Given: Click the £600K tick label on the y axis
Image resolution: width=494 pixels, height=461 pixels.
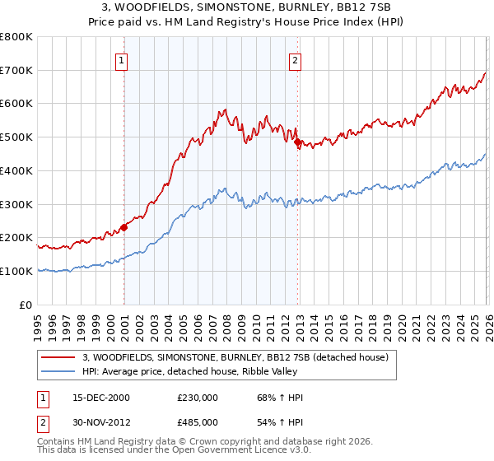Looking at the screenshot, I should pos(16,104).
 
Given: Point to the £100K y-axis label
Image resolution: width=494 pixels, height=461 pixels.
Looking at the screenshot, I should pos(16,271).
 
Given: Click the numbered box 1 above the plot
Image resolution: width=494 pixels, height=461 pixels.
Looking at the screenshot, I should pos(122,59).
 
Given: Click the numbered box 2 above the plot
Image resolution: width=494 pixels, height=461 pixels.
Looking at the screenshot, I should pos(295,59).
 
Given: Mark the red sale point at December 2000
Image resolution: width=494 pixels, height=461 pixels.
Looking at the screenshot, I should pos(123,227).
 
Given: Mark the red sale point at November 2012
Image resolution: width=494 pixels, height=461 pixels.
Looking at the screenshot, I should pos(297,142).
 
